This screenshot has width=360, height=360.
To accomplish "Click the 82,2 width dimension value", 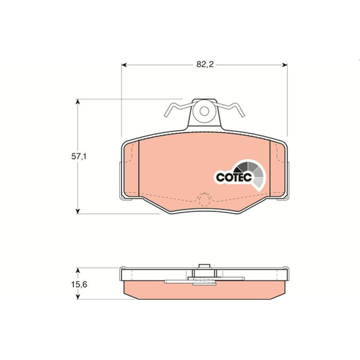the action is tap(205, 64).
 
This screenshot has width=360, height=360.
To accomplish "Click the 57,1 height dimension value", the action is tap(79, 157).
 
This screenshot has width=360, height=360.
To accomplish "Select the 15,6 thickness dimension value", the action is tap(79, 285).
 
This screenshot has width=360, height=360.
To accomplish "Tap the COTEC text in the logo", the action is tap(234, 177).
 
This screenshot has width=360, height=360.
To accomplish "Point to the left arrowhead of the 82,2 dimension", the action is tap(124, 65).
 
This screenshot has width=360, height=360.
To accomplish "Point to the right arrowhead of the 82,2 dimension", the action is tap(285, 65).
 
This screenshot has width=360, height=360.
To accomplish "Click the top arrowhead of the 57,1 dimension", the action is tap(78, 102).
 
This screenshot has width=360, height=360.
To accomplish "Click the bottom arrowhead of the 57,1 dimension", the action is tap(78, 211).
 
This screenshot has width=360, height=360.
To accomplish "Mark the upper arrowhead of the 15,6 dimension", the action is tap(78, 270).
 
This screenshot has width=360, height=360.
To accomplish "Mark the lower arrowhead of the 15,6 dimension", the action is tap(78, 297).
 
